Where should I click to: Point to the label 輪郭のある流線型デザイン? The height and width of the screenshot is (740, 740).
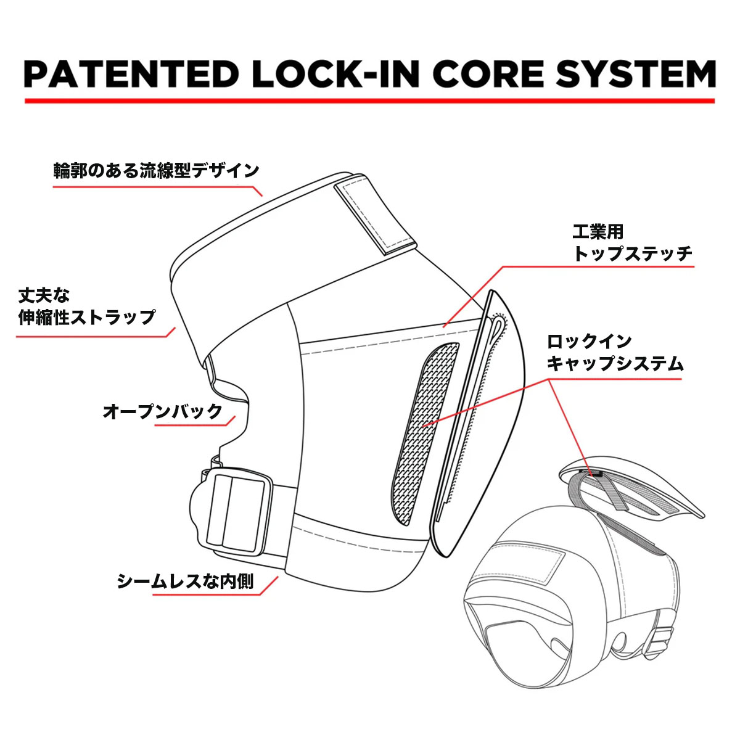click(x=156, y=171)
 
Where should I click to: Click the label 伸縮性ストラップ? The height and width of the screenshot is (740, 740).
click(x=87, y=318)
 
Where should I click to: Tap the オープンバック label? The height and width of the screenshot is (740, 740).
click(x=162, y=411)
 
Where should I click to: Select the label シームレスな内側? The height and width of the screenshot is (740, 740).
click(x=185, y=581)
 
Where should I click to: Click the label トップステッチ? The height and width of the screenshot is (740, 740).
click(x=633, y=253)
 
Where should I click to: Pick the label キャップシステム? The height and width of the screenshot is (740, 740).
click(x=615, y=363)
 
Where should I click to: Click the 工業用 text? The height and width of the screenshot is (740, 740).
click(x=598, y=232)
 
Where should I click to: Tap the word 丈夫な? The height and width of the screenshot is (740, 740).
click(x=44, y=295)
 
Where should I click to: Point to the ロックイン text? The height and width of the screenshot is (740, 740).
click(x=590, y=341)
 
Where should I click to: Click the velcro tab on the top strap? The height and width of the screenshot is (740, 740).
click(x=372, y=216)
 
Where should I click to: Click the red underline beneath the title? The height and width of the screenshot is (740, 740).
click(x=369, y=101)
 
